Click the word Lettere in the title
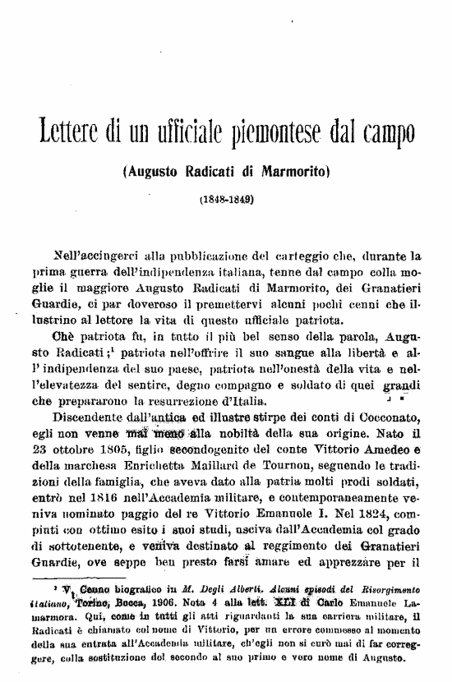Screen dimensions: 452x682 [71, 131]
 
